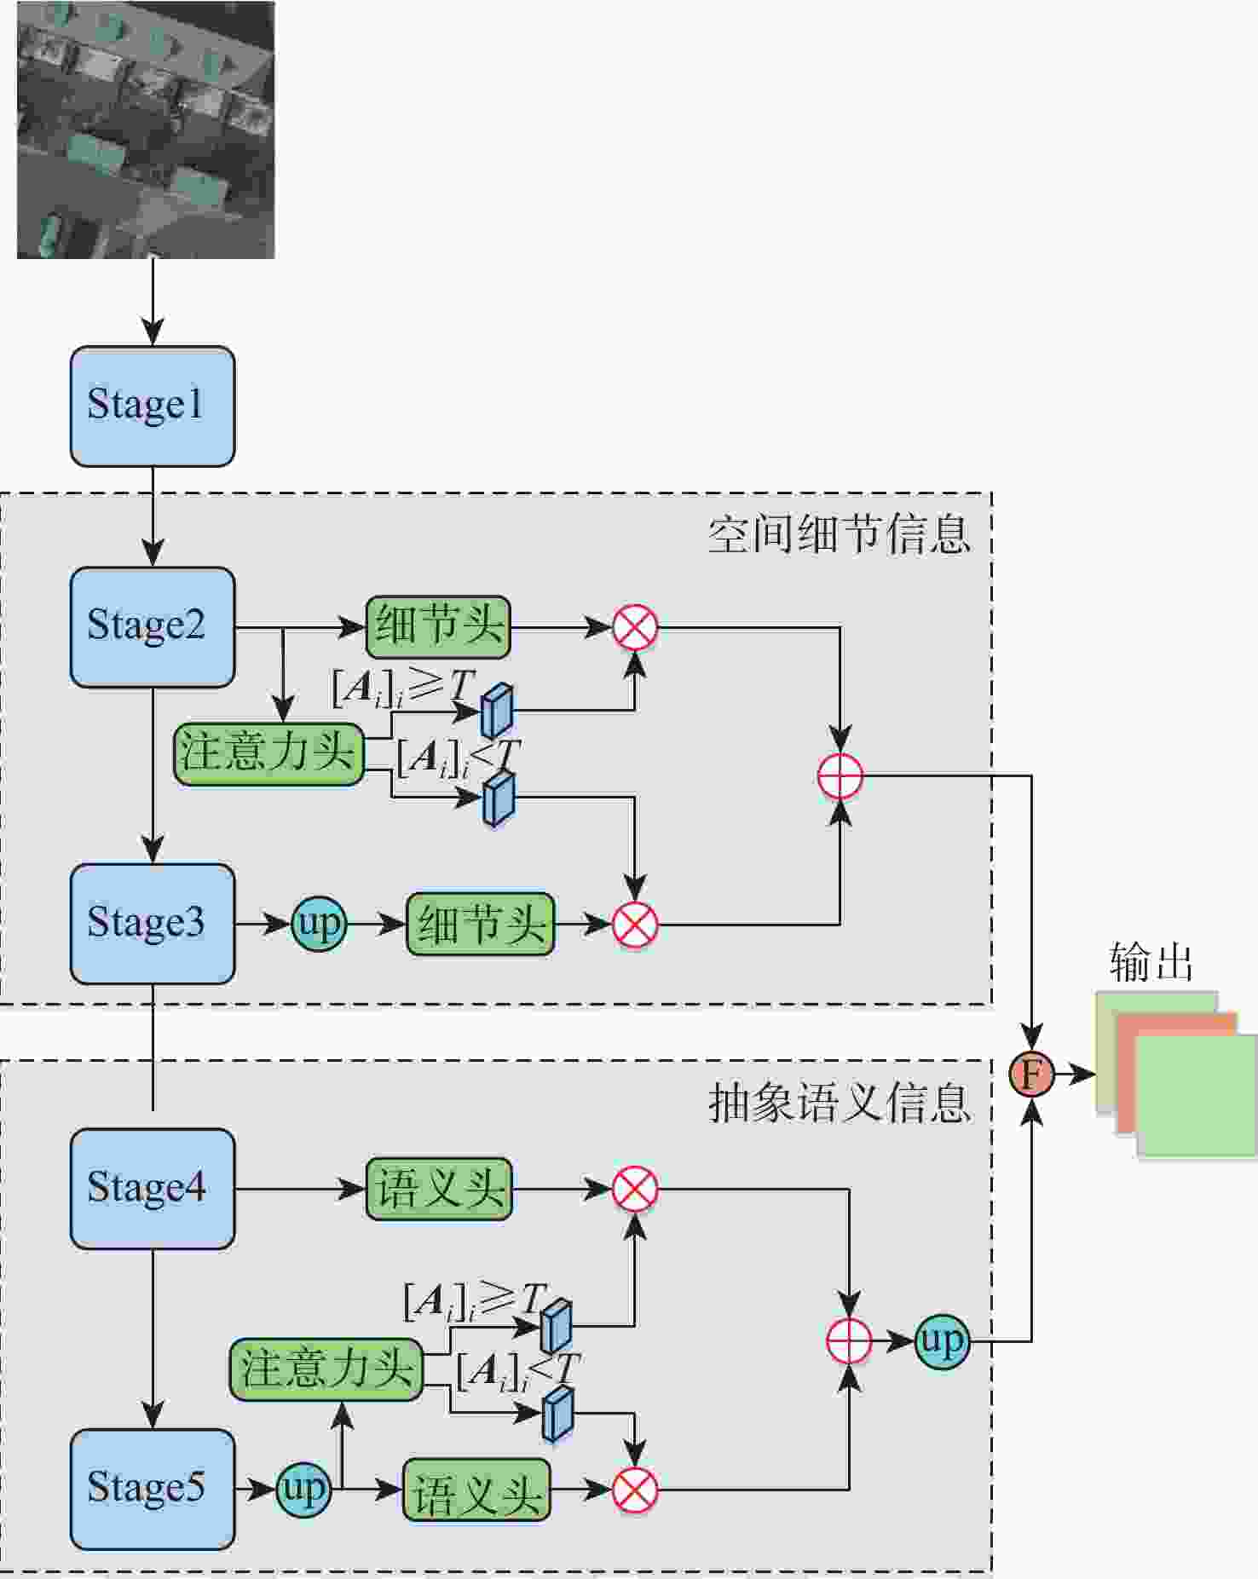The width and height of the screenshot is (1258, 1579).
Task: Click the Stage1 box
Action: coord(152,406)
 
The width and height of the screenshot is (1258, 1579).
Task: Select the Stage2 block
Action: coord(152,626)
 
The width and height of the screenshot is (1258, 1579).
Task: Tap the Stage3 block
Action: coord(152,923)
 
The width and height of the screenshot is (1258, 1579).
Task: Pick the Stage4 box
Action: coord(152,1188)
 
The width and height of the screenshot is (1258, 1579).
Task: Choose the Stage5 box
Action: coord(152,1488)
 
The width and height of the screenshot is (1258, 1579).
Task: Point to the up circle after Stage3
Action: coord(319,923)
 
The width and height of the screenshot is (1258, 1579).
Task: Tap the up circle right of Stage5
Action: coord(303,1489)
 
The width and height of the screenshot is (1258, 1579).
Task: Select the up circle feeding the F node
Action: coord(942,1341)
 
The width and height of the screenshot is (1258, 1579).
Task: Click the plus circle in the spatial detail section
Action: coord(840,776)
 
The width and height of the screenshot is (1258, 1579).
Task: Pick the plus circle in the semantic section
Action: coord(849,1341)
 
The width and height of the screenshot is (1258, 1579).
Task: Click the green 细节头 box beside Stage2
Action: coord(438,626)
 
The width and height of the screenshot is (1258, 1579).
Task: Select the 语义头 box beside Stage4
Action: coord(439,1188)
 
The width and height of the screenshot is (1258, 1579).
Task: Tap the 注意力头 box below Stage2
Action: coord(268,753)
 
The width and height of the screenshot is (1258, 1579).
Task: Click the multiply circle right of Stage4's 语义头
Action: coord(635,1188)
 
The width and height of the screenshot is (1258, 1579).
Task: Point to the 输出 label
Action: coord(1151,962)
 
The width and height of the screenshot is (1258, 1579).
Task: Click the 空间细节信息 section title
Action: coord(839,535)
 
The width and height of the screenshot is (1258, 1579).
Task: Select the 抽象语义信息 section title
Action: coord(839,1103)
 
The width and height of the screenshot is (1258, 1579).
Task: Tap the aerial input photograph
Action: coord(146,130)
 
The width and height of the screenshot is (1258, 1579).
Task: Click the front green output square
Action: coord(1197,1095)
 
